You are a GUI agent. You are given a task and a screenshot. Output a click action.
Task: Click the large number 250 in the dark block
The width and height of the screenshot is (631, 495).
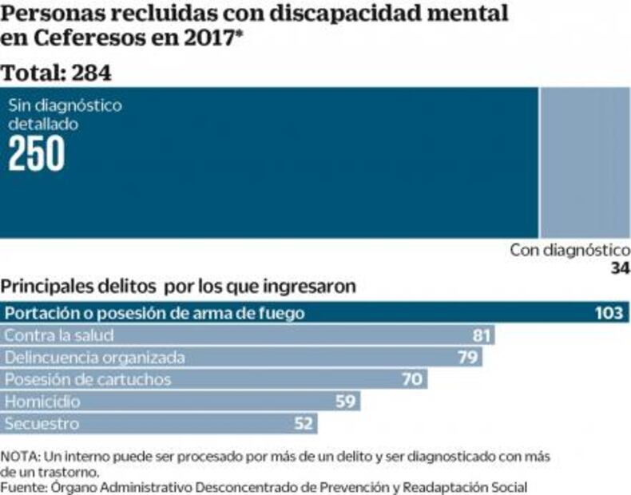point(37,154)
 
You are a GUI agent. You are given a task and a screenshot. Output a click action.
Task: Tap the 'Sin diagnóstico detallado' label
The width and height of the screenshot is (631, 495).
point(65,114)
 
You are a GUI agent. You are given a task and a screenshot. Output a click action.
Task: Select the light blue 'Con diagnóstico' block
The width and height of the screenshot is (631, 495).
point(585,162)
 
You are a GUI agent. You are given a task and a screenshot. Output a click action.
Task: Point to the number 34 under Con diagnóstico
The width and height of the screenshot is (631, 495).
point(620,269)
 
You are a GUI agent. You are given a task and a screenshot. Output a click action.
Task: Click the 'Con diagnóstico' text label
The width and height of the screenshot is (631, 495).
point(569,251)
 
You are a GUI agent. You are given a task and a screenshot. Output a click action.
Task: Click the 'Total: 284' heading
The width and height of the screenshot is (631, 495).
point(56,73)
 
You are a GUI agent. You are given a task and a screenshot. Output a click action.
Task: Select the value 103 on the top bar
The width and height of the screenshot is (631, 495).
point(608,313)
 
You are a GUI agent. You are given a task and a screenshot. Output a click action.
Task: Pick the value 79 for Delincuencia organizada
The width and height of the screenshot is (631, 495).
point(467,357)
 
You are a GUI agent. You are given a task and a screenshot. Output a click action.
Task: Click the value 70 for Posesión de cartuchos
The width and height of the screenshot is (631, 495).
point(411,379)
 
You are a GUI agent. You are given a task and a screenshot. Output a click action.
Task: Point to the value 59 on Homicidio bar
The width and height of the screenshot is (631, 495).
point(345,401)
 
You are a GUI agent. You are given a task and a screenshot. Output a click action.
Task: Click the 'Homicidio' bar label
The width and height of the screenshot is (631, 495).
point(42,401)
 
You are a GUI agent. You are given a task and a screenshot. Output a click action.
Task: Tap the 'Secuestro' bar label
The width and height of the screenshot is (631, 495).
point(42,423)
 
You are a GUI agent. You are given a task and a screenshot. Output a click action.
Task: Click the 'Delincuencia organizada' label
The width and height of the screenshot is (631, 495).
point(95,357)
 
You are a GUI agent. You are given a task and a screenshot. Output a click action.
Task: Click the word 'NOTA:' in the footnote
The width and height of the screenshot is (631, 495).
point(22,456)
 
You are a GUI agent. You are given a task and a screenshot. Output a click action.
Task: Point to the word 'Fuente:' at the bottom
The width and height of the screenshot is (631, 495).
point(25,486)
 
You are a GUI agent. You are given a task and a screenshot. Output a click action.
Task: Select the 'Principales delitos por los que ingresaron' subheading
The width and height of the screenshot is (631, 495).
point(178,286)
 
